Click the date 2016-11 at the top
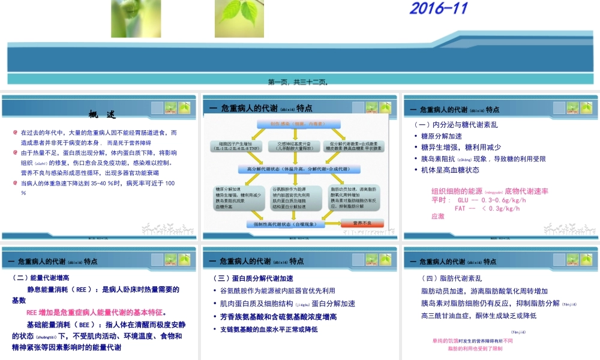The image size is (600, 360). coord(438,8)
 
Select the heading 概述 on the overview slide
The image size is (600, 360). coord(102,115)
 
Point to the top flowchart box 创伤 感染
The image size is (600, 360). coord(293,124)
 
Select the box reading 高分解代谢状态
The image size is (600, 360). coord(298,169)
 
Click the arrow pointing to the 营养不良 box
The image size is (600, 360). coord(334,224)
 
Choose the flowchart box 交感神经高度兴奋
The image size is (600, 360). coord(292,145)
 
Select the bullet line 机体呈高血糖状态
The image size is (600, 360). coord(450,170)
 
